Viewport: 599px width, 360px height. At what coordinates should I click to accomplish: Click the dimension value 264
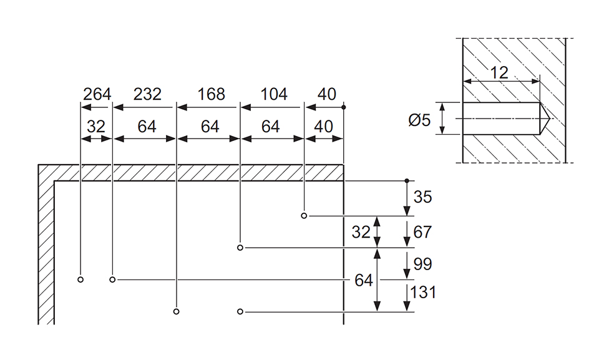point(97,94)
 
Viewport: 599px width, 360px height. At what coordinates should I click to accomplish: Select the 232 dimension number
point(147,94)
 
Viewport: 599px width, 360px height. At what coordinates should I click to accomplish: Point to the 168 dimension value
point(211,94)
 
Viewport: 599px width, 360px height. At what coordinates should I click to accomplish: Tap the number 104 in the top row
point(274,94)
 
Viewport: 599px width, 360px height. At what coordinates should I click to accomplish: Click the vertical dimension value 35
point(423,197)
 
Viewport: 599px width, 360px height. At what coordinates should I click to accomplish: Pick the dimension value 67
point(422,232)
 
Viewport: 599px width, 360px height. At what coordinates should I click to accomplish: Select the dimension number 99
point(422,264)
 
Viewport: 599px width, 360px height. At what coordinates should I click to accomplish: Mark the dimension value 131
point(424,292)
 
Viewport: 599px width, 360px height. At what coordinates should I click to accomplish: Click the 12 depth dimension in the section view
point(499,72)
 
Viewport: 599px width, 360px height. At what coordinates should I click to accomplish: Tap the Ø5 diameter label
point(420,120)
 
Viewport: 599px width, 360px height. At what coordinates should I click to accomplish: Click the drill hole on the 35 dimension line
point(304,216)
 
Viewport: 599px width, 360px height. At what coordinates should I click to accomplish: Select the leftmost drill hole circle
point(80,280)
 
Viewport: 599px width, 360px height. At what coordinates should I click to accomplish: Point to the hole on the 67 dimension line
point(240,248)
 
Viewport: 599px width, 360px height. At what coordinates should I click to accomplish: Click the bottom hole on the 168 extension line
point(177,311)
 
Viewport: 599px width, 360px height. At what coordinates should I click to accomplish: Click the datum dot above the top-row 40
point(344,107)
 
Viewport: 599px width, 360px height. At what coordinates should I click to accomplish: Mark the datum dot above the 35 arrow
point(407,180)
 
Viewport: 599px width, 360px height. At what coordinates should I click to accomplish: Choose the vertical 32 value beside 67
point(361,232)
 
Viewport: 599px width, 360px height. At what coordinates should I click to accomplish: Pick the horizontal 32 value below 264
point(96,126)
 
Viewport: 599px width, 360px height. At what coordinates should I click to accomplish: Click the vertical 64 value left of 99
point(364,280)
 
